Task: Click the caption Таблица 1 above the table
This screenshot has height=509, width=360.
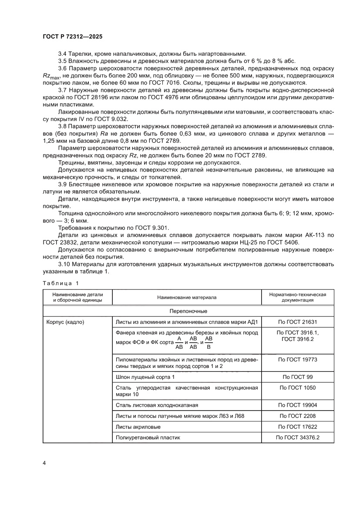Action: click(61, 283)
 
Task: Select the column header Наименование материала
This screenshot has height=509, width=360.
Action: click(187, 297)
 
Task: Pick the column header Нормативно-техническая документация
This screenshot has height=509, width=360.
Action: click(298, 297)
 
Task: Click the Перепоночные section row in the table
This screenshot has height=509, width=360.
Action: click(188, 311)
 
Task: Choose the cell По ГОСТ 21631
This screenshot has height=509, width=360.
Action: click(298, 323)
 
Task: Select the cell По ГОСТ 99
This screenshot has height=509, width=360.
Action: click(298, 377)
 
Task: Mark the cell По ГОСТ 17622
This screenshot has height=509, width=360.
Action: click(298, 427)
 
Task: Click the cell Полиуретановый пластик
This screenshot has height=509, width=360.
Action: click(148, 438)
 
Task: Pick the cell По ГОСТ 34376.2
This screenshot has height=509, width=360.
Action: click(298, 438)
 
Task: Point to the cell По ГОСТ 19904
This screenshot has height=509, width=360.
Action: click(298, 405)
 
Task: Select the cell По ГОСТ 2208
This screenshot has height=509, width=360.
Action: click(298, 416)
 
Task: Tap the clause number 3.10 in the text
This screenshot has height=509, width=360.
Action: click(64, 264)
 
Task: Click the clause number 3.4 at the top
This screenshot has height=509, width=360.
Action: click(63, 53)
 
